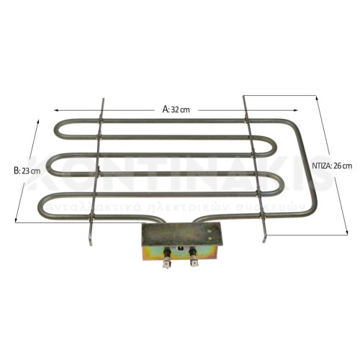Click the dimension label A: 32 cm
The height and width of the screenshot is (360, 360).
[175, 109]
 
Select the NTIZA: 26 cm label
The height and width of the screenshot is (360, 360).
[333, 166]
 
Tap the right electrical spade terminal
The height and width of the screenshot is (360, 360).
[194, 263]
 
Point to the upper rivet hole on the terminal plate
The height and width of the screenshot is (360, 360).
[210, 229]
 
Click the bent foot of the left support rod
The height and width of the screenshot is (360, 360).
[90, 240]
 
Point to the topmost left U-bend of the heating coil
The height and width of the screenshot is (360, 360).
[56, 130]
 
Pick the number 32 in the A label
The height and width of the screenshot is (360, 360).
[175, 109]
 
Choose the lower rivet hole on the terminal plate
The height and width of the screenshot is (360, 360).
[210, 237]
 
